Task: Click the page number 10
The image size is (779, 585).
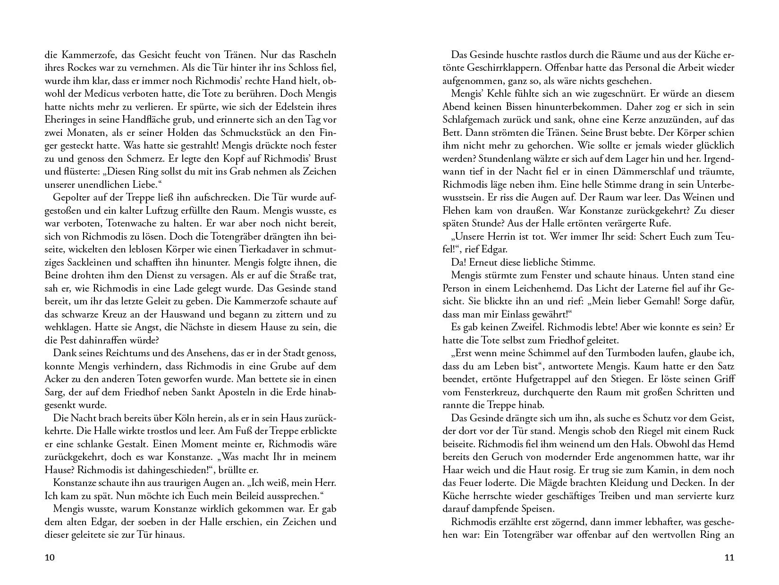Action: (50, 558)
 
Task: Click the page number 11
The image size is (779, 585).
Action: (729, 558)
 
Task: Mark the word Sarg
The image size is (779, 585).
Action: (53, 392)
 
